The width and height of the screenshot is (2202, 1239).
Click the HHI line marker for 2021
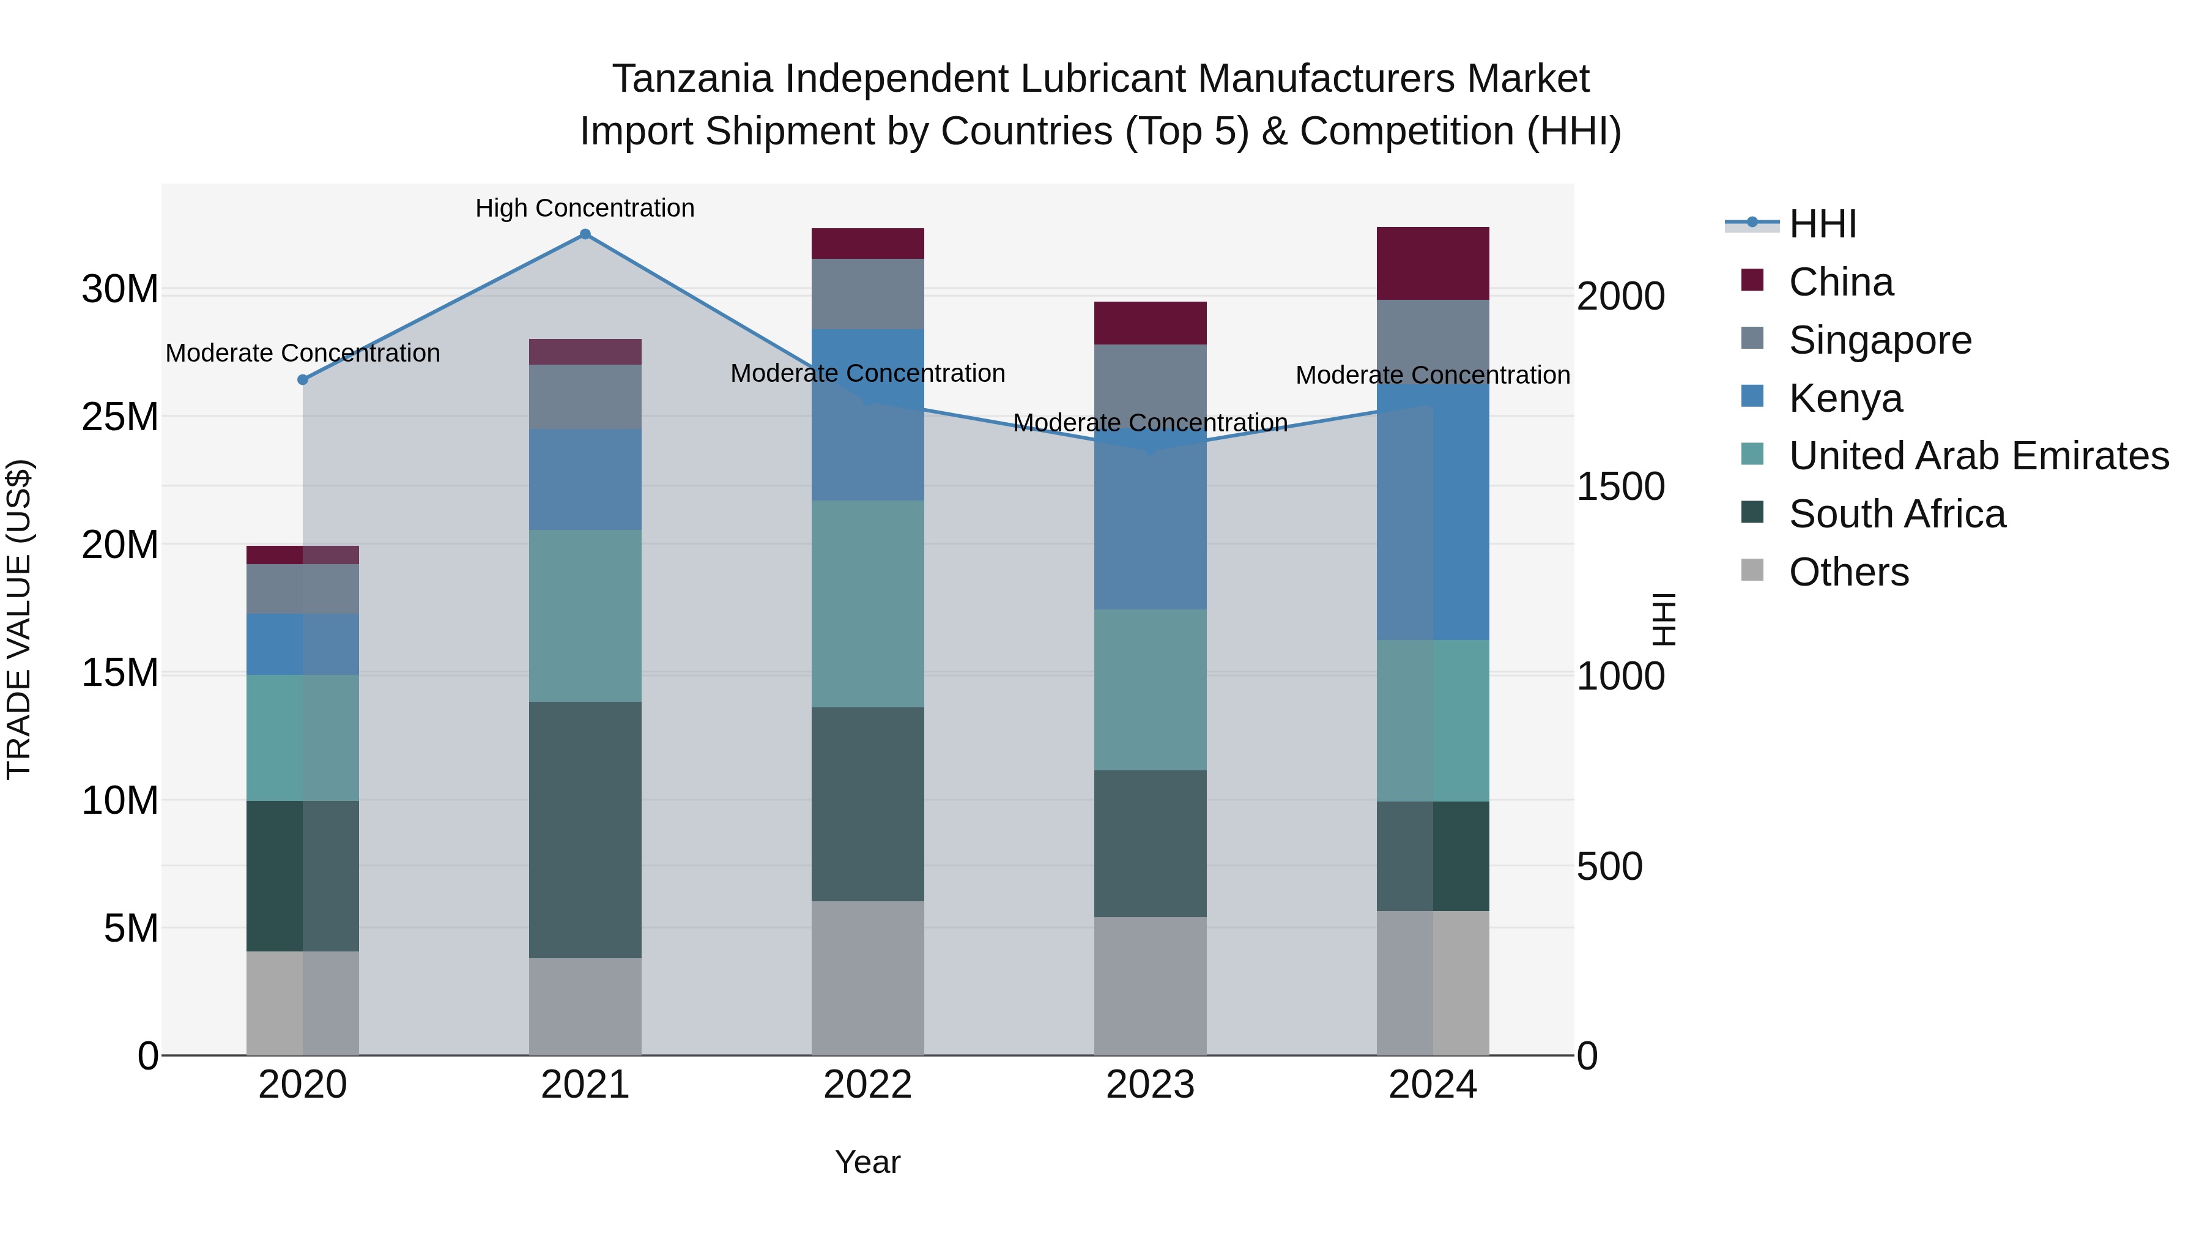(585, 234)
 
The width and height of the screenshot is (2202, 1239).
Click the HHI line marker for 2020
(303, 379)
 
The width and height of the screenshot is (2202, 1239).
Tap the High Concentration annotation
(585, 208)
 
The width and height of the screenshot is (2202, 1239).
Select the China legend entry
(1841, 282)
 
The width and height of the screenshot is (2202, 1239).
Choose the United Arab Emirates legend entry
(1978, 456)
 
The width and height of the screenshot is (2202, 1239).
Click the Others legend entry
(1848, 572)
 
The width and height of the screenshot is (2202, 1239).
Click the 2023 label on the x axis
(1150, 1085)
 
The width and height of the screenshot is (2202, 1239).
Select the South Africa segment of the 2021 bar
(585, 830)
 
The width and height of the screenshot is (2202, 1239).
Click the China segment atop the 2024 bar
(1433, 263)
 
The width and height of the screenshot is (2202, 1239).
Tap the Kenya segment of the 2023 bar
(1150, 526)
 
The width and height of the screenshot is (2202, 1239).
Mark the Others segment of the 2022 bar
(867, 977)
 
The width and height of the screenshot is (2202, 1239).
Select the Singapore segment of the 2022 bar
(867, 293)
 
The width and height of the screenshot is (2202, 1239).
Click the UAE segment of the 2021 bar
(585, 616)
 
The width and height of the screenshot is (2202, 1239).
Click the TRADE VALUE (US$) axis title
(19, 619)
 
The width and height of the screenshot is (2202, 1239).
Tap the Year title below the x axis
(867, 1162)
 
